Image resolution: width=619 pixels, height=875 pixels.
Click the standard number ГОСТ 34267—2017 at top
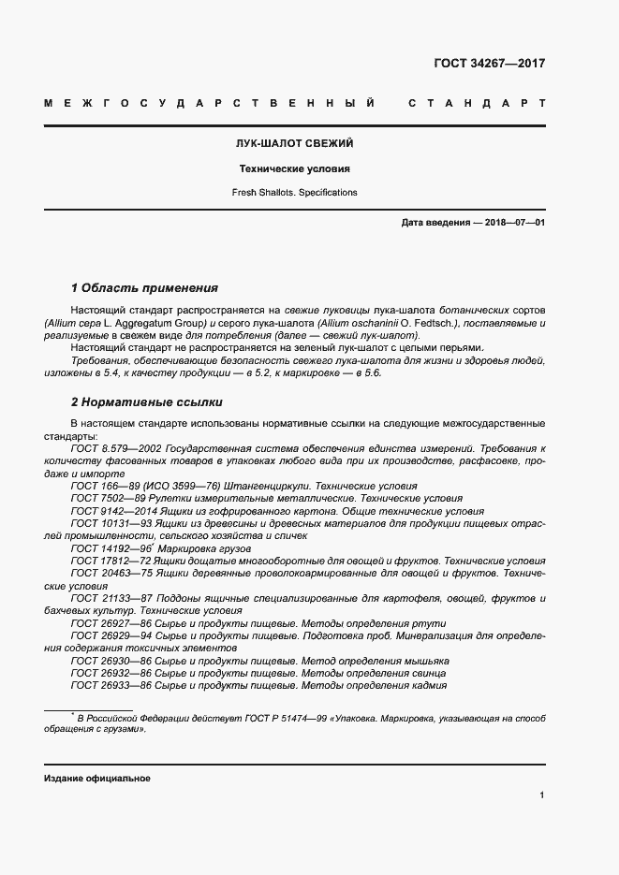point(489,64)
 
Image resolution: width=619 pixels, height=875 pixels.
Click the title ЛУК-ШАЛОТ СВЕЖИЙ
point(293,145)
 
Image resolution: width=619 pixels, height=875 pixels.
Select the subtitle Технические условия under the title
point(293,169)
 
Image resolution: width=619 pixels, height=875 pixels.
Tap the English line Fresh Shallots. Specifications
point(293,192)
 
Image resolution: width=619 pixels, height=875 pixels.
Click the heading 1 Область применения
point(144,288)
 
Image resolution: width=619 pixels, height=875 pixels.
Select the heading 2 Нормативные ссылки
point(147,402)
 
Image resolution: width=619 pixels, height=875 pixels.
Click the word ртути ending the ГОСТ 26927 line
point(431,622)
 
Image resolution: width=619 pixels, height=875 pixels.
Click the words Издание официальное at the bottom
point(96,779)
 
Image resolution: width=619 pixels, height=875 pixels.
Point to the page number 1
point(542,795)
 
